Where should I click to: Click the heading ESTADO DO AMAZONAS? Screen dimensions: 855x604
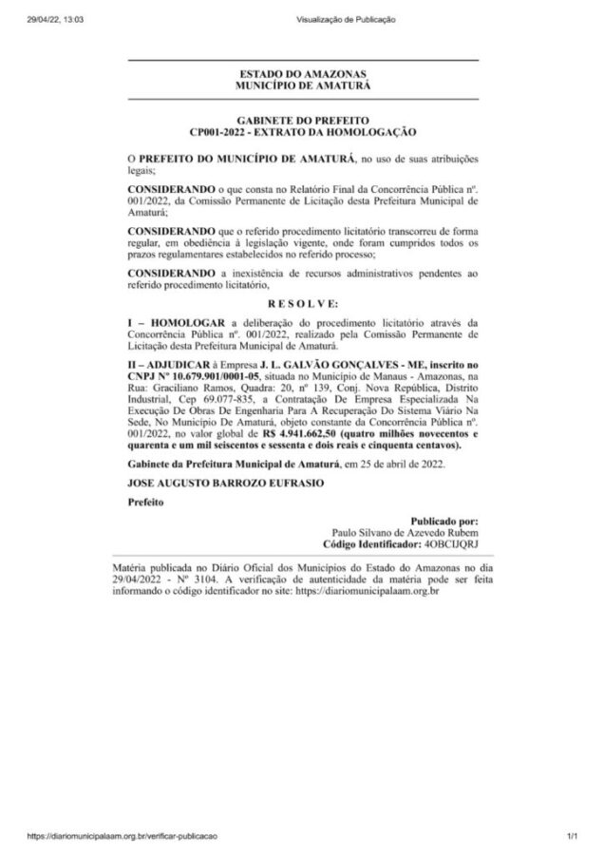[x=303, y=74]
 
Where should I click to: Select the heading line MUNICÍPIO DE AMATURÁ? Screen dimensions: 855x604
[x=303, y=85]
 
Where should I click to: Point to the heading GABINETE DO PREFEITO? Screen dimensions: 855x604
[x=303, y=122]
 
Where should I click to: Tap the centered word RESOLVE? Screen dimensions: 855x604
[x=303, y=303]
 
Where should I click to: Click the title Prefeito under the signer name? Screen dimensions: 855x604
[x=145, y=504]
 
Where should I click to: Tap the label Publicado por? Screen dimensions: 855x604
[x=444, y=522]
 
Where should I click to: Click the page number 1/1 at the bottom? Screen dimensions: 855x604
[x=573, y=836]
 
